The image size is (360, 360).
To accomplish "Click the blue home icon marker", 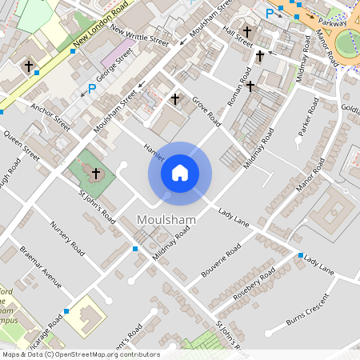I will [179, 173].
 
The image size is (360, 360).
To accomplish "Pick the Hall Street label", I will [238, 36].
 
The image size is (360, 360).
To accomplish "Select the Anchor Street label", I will [50, 117].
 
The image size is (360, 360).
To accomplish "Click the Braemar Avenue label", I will [41, 266].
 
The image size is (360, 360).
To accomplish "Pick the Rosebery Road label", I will [255, 282].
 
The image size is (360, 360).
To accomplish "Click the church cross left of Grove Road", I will [175, 99].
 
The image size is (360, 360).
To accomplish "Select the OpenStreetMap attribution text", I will [81, 354].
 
